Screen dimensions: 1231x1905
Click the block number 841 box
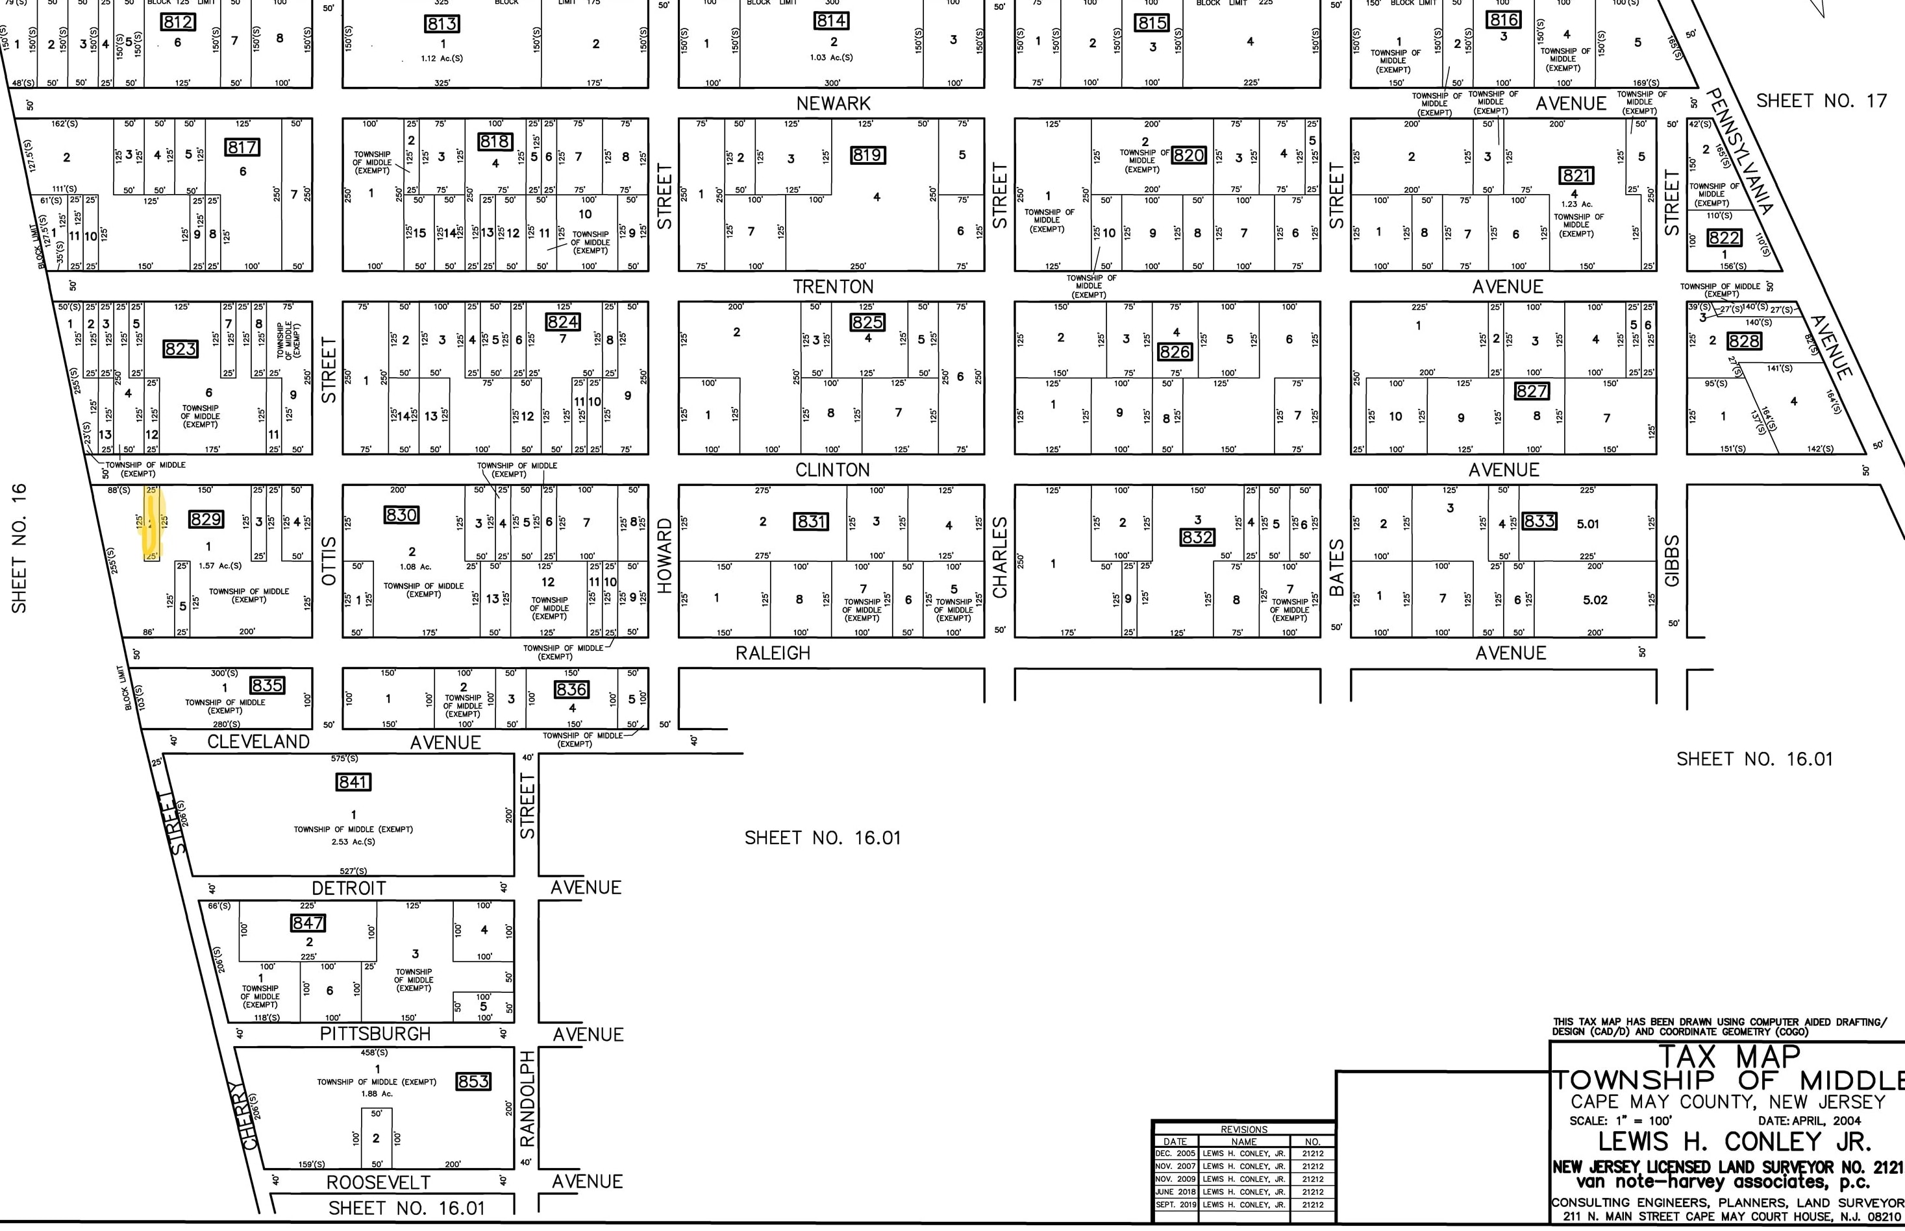tap(353, 782)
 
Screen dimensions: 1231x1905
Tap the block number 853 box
tap(473, 1082)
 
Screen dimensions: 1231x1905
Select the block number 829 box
tap(206, 520)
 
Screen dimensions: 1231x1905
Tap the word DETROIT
tap(349, 888)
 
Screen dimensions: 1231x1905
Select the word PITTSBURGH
tap(375, 1034)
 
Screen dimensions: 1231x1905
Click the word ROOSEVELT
tap(379, 1182)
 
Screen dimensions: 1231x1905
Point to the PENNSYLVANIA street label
tap(1741, 152)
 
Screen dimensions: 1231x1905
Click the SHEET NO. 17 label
tap(1821, 101)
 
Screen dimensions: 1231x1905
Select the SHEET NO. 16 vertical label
tap(19, 548)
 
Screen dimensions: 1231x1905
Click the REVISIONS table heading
tap(1243, 1130)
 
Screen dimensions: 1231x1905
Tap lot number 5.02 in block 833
tap(1595, 600)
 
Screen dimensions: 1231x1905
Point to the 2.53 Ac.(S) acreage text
tap(353, 842)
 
